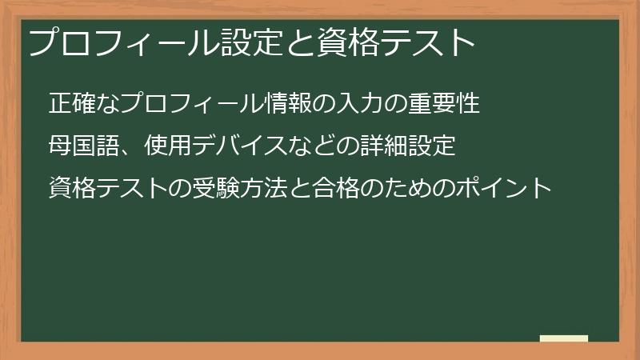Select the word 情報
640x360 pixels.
click(287, 104)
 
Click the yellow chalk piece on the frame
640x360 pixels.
click(564, 338)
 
